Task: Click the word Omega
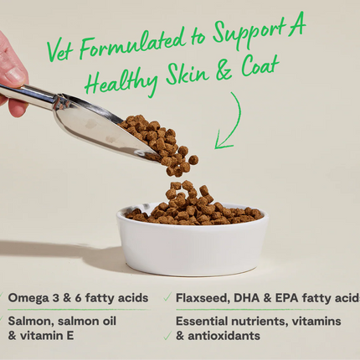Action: point(29,298)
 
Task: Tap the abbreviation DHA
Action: point(260,298)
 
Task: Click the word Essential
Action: point(207,321)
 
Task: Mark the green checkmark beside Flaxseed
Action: point(169,298)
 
